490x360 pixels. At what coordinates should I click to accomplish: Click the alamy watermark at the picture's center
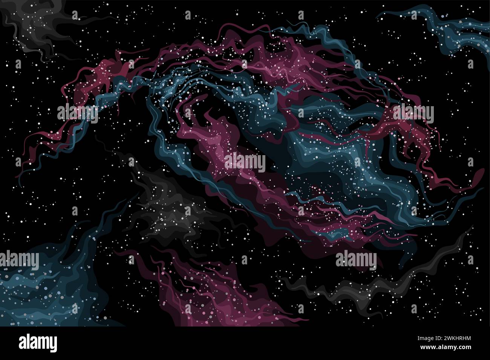(245, 163)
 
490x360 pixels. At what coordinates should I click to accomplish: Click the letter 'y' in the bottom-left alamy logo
(53, 345)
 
